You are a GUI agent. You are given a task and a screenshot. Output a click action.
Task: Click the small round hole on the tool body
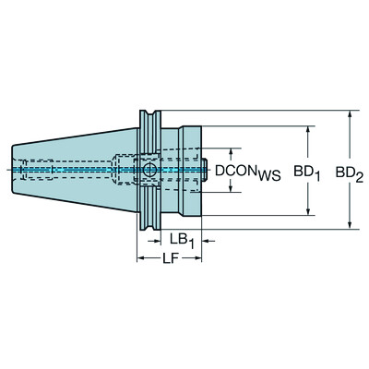pos(148,170)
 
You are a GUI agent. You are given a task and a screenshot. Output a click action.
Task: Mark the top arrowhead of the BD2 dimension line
pos(351,116)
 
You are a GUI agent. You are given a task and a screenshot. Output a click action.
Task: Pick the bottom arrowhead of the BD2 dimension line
pos(351,223)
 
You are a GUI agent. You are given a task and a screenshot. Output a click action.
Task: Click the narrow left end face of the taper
pos(17,169)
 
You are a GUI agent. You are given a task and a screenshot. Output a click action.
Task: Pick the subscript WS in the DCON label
pos(267,176)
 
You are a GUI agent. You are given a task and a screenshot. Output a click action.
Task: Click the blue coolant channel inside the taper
pos(74,170)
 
